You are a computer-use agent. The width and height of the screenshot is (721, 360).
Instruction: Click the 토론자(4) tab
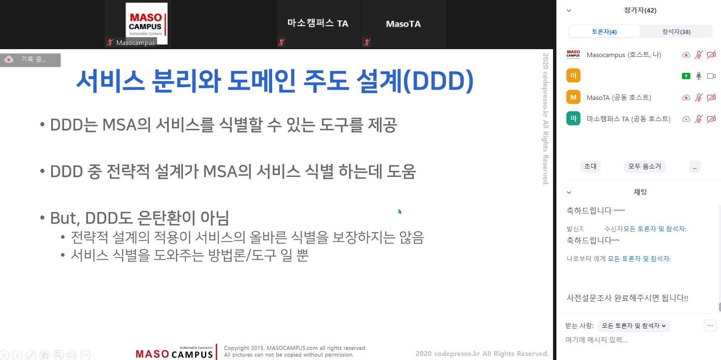click(604, 32)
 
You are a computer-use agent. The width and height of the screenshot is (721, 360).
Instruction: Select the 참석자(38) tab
click(676, 32)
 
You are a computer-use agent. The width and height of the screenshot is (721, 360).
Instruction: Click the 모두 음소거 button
click(645, 166)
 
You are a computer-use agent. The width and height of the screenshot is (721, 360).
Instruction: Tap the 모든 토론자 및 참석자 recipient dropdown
click(634, 326)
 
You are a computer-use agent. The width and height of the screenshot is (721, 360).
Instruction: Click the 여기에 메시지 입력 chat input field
click(596, 340)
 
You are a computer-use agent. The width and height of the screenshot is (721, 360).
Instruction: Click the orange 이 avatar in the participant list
click(573, 76)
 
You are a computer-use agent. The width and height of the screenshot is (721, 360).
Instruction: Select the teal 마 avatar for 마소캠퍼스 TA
click(573, 118)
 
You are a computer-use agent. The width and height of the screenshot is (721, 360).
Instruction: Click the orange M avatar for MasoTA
click(573, 97)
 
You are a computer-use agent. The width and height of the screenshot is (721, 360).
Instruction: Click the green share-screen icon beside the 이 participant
click(686, 76)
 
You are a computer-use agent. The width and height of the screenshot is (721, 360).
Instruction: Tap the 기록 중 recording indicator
click(30, 60)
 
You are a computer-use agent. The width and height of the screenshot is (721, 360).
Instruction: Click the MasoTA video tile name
click(403, 24)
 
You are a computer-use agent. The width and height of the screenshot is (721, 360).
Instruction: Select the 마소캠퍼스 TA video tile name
click(317, 23)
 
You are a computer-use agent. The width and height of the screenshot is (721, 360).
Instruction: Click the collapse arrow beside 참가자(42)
click(569, 11)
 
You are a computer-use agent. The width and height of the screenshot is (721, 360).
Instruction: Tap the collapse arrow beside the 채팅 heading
click(569, 192)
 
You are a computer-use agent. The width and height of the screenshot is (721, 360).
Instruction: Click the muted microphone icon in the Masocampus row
click(698, 55)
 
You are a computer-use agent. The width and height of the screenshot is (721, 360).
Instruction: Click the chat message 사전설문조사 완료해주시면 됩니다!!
click(627, 298)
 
